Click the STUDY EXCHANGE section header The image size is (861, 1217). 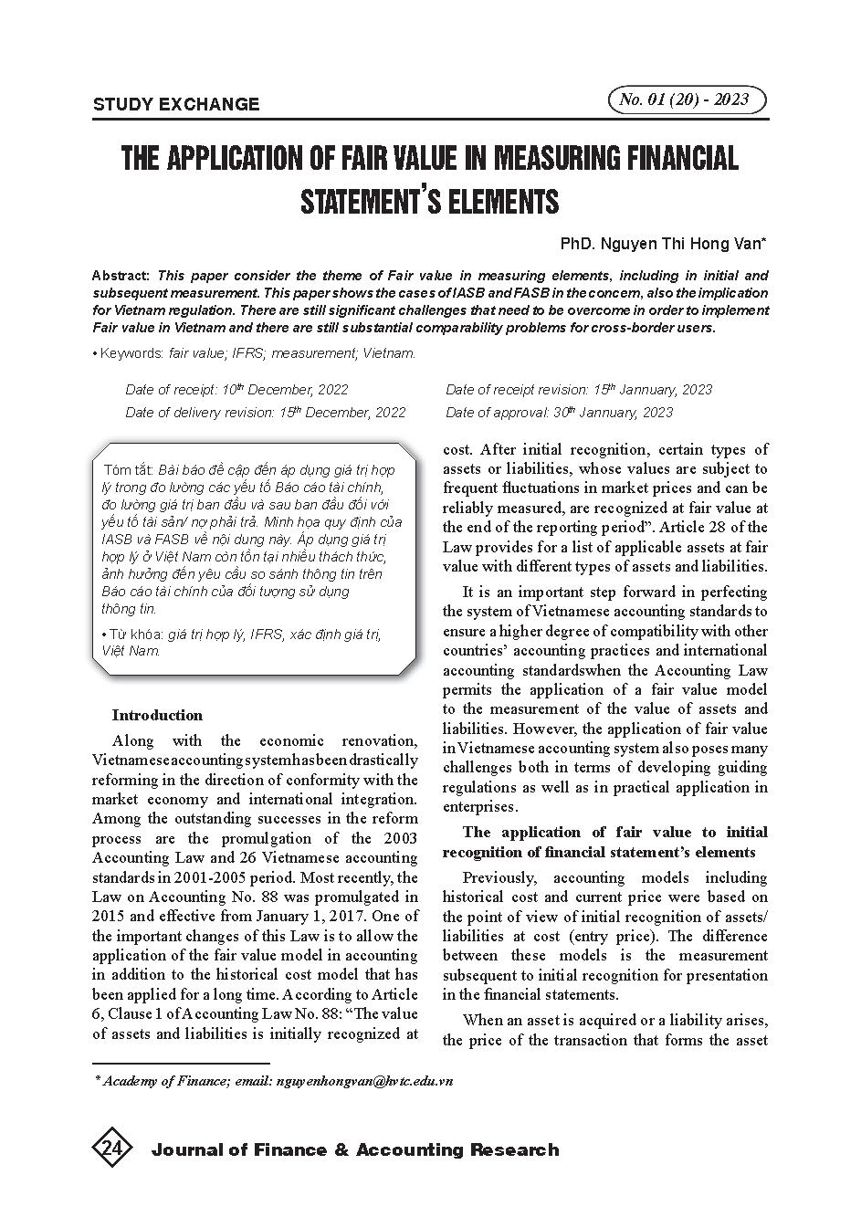point(176,104)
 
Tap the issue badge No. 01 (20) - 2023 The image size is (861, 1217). point(685,100)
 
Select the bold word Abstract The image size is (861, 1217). point(121,276)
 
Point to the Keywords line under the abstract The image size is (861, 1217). point(255,353)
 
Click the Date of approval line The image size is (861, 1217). point(559,413)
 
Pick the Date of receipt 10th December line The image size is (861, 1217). point(236,390)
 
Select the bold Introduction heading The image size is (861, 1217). point(157,716)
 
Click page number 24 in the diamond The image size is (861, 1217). point(112,1149)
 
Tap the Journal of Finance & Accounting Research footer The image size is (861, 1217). point(355,1150)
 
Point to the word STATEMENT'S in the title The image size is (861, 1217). point(372,201)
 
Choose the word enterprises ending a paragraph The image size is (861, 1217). point(478,807)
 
